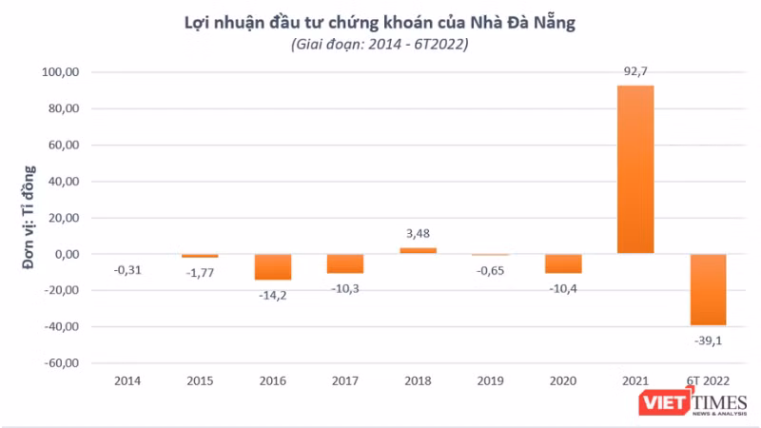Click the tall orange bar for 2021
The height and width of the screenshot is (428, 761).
pos(635,169)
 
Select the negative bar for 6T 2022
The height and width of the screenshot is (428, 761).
pos(708,289)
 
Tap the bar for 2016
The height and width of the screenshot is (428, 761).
pos(272,266)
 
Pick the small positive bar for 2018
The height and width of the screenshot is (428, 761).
pos(418,251)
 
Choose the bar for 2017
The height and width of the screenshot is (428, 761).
pos(345,263)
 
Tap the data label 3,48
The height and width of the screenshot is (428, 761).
pos(418,233)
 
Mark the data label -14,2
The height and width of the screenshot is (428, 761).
pos(272,294)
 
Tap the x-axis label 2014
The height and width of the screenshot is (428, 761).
pos(127,380)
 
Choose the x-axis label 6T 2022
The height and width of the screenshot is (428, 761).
pos(708,380)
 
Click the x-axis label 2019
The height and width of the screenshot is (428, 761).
pos(491,380)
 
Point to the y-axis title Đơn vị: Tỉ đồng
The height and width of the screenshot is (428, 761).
pos(29,218)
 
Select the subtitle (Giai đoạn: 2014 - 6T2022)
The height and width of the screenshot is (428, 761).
pos(380,44)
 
